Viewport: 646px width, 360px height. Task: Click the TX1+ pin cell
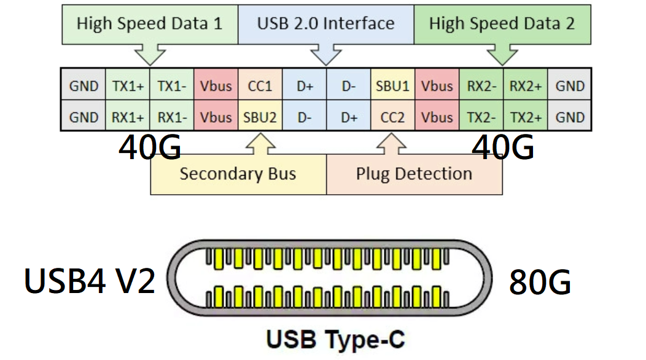[128, 86]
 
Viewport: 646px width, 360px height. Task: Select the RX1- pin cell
[172, 117]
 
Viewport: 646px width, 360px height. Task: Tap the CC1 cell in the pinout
[260, 86]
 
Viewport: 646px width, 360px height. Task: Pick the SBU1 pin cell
[392, 86]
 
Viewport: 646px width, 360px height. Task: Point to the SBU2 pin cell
[260, 117]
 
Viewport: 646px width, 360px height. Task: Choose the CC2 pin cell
[392, 117]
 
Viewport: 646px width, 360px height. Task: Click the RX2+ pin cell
[525, 86]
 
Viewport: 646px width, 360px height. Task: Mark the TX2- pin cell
[481, 117]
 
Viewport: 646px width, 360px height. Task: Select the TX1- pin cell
[172, 86]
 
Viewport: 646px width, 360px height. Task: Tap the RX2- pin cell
[481, 86]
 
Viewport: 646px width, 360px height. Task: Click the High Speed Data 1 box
[149, 25]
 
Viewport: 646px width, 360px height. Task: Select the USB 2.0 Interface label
[325, 25]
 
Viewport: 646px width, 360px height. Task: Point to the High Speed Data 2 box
[502, 25]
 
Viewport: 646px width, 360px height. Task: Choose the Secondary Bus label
[238, 174]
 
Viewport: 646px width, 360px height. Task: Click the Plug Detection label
[414, 174]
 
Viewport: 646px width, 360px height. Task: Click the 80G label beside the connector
[540, 283]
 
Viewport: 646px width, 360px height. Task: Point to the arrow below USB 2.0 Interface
[325, 54]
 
